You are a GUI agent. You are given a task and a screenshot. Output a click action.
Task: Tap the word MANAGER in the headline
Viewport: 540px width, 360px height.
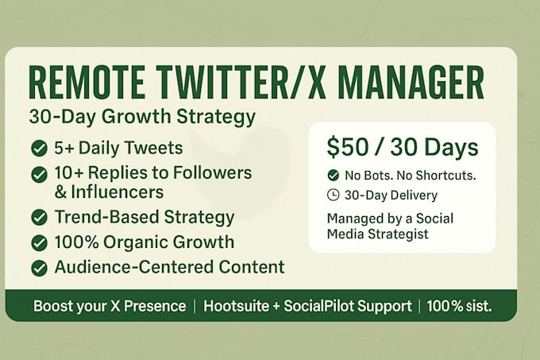click(x=411, y=83)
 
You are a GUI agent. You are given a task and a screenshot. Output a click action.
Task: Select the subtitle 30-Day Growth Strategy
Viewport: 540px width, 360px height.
click(x=142, y=118)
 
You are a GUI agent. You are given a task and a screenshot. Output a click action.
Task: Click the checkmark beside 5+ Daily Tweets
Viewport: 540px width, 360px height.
click(x=39, y=149)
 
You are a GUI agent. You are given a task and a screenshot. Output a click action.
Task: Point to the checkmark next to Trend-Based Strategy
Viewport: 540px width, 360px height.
click(x=39, y=218)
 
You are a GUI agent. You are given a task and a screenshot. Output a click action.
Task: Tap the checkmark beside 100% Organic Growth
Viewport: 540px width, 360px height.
click(x=39, y=243)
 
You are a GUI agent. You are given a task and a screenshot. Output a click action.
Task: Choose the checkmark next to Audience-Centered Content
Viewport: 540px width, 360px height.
click(x=39, y=269)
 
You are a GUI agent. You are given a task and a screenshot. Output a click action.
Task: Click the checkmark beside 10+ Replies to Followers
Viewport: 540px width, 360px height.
click(x=39, y=174)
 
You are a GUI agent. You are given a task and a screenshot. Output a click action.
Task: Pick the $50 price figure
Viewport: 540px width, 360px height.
click(x=347, y=147)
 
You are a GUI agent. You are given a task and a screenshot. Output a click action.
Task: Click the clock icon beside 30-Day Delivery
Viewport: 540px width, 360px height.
click(x=333, y=195)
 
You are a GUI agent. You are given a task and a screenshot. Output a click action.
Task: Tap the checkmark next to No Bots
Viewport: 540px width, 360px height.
click(x=333, y=176)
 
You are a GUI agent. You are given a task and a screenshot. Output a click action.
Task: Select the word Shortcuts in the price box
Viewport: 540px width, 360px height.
click(x=446, y=176)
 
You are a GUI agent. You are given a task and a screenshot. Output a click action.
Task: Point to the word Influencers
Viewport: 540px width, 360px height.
click(x=117, y=192)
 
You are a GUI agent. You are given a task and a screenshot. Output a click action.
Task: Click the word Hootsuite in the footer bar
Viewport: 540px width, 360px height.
click(x=237, y=306)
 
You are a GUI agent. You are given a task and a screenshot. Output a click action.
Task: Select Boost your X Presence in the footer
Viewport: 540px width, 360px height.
click(x=110, y=306)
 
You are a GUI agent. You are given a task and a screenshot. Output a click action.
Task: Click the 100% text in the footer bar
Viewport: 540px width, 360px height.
click(x=442, y=306)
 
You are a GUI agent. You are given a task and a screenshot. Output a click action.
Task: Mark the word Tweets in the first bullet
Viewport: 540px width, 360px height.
click(x=153, y=148)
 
